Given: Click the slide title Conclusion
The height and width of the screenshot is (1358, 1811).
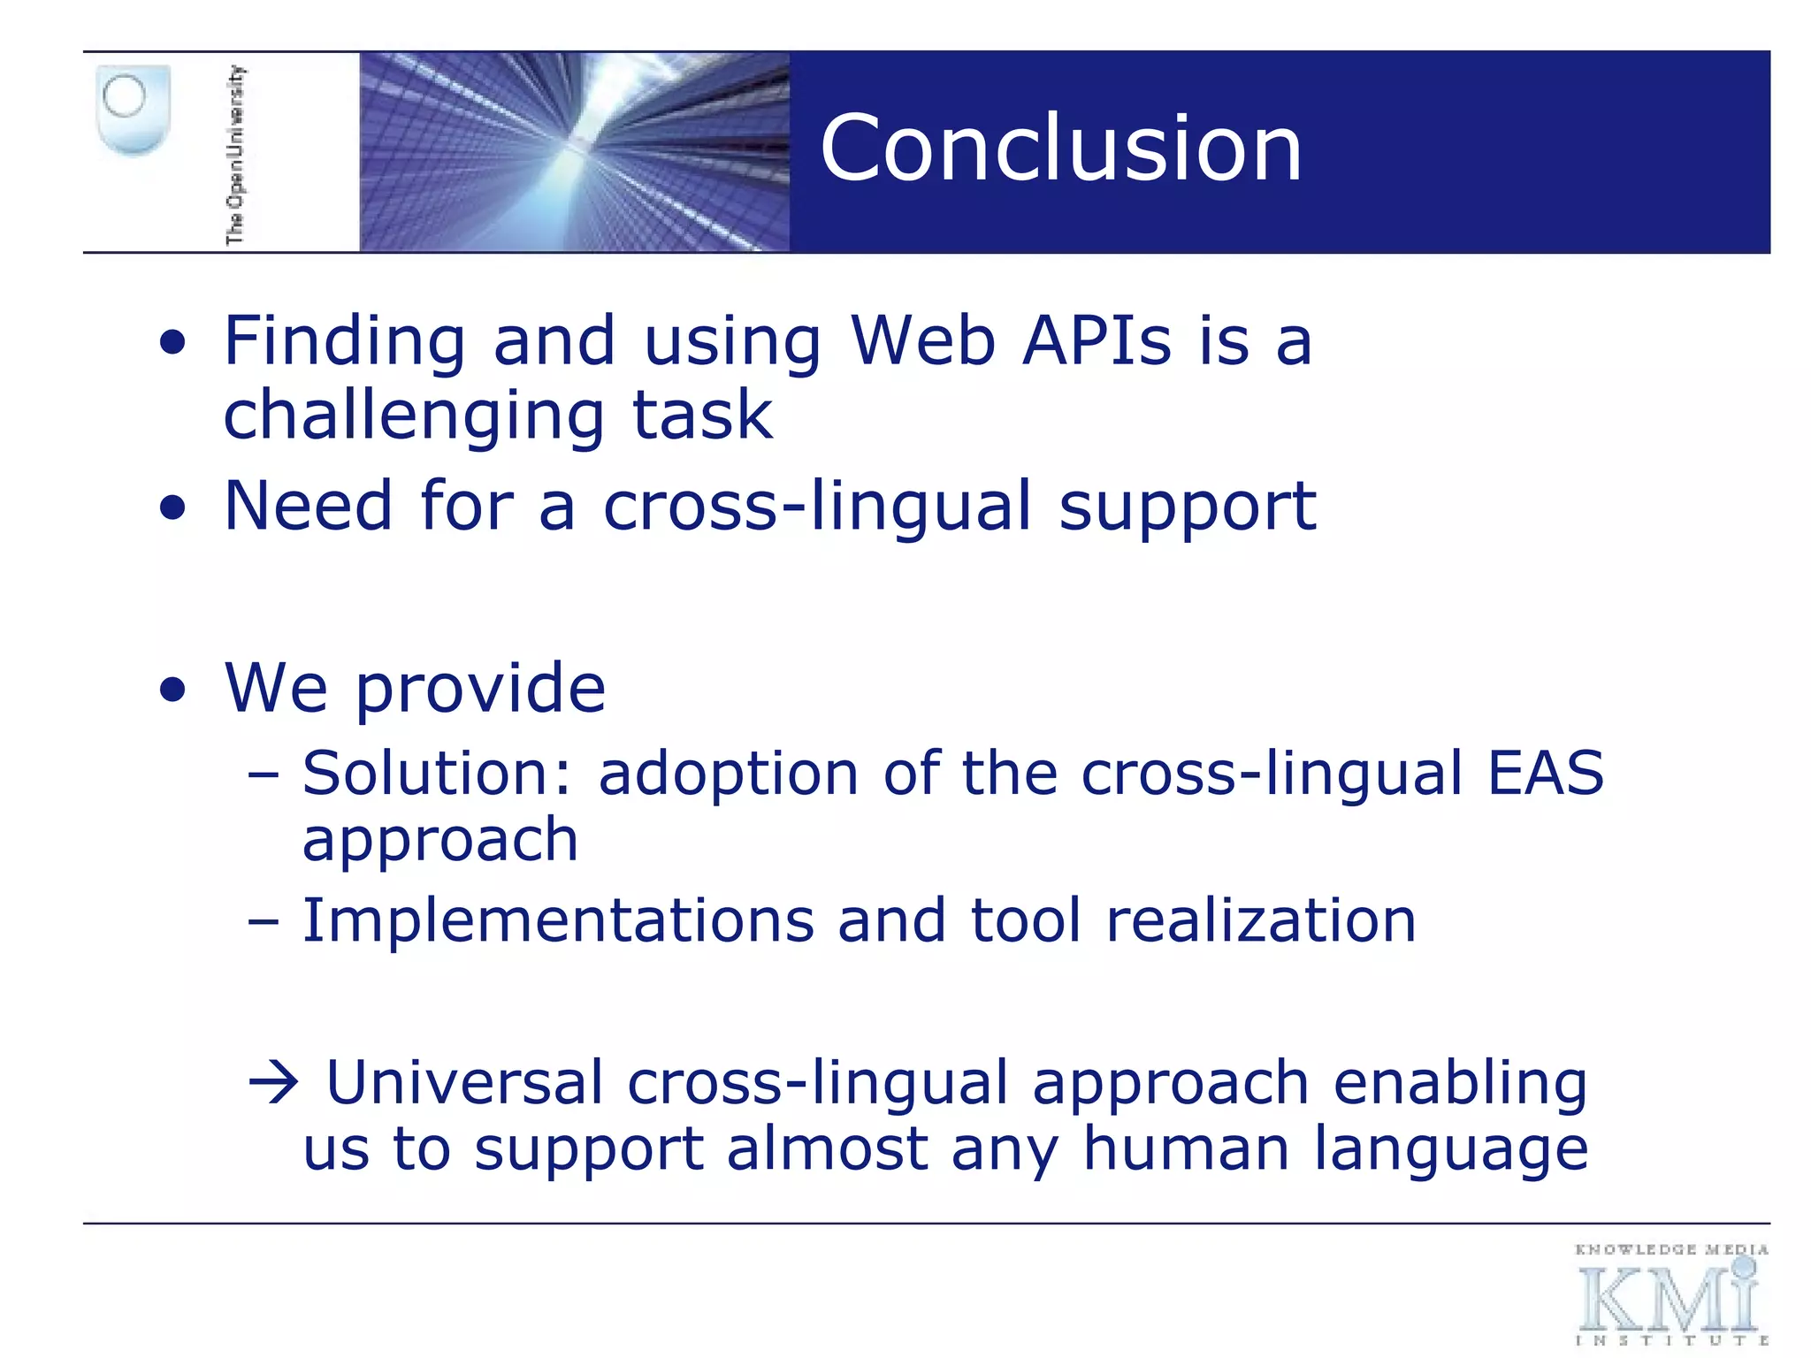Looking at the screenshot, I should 1060,149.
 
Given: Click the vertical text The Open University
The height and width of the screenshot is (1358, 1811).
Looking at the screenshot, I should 235,155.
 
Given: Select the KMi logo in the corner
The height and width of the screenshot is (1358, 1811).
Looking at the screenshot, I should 1670,1296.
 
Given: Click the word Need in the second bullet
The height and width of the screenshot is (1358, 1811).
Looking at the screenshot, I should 308,506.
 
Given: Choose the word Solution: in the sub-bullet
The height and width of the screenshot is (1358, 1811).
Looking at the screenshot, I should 438,774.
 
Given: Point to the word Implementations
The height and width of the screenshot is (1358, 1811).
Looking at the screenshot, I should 557,921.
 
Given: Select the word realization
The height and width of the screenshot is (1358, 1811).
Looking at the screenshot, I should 1261,921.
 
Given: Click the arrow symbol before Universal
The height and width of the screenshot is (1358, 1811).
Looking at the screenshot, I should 274,1083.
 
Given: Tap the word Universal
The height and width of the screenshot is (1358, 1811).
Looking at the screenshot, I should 464,1083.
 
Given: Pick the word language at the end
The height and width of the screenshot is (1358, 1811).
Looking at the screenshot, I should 1450,1152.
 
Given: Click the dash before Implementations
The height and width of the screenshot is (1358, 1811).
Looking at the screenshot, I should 263,922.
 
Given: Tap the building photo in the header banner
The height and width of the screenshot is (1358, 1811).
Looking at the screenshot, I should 574,152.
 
